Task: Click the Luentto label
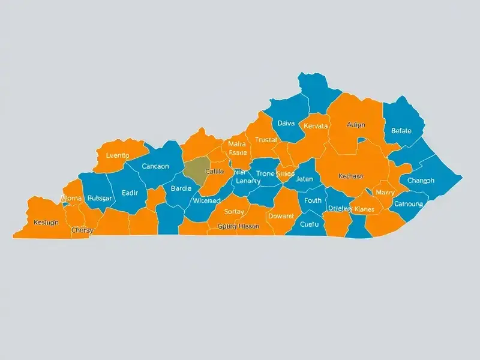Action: click(117, 155)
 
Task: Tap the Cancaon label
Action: click(155, 166)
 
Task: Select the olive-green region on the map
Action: click(196, 170)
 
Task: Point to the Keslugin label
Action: click(46, 222)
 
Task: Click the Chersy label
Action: click(82, 230)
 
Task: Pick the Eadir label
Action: click(130, 193)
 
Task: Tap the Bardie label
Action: click(181, 188)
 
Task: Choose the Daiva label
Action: click(286, 123)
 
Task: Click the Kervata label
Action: click(316, 126)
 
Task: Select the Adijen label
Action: click(356, 125)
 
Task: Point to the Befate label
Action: click(401, 130)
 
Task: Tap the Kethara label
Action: click(350, 176)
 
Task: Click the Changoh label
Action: click(421, 181)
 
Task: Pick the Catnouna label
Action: click(409, 204)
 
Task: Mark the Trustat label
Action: click(266, 140)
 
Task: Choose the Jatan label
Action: click(305, 179)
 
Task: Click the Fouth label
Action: click(313, 200)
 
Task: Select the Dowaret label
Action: click(280, 215)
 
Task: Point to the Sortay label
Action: click(234, 211)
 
